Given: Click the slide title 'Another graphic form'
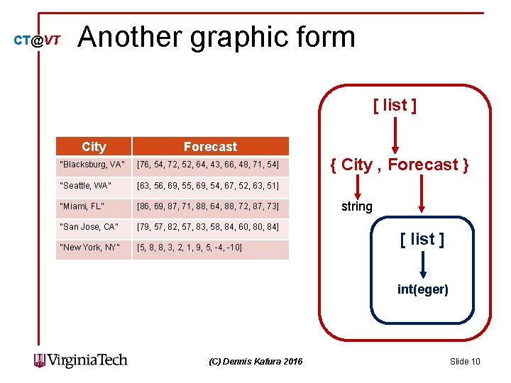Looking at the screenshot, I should (216, 37).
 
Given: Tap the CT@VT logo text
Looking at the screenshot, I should (37, 41).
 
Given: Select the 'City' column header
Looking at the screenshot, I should (94, 147).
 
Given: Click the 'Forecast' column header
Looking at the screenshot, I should (210, 147).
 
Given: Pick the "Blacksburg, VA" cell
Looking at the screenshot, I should (93, 165).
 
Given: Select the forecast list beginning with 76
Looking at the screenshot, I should (207, 165).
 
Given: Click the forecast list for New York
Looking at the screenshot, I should (189, 248).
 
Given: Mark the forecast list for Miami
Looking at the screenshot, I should (207, 206).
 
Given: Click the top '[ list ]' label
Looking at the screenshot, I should (395, 106).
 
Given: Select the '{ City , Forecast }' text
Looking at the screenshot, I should (399, 165).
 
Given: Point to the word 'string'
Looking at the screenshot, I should (356, 206).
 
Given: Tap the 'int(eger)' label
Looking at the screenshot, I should (422, 289).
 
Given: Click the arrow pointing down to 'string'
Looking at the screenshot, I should (360, 187).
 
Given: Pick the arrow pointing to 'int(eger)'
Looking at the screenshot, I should (422, 265).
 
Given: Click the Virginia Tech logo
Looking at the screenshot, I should (81, 360).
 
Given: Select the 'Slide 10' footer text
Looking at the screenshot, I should (465, 362).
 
